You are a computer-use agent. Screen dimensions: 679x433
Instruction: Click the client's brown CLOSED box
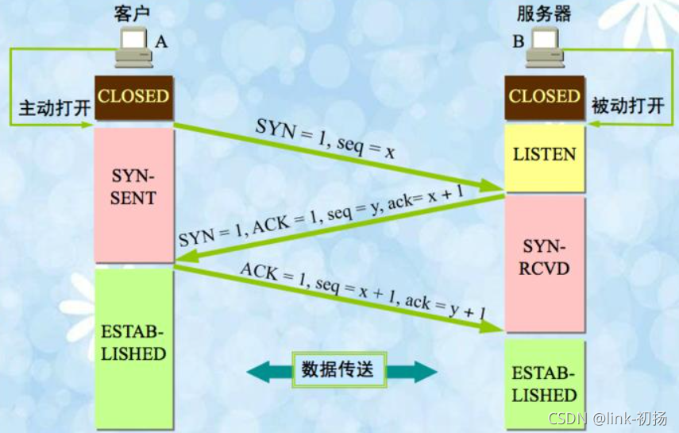pyautogui.click(x=133, y=98)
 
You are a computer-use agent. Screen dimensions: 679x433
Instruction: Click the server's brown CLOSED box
pyautogui.click(x=544, y=98)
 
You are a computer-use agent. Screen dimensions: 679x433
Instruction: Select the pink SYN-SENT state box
pyautogui.click(x=133, y=195)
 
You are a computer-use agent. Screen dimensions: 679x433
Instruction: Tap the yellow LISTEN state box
pyautogui.click(x=544, y=158)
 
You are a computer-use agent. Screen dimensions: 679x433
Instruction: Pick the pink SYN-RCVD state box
pyautogui.click(x=544, y=263)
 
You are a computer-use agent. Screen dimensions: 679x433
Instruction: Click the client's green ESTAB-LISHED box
pyautogui.click(x=133, y=348)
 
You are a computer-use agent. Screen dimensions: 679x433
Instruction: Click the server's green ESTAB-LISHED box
pyautogui.click(x=544, y=384)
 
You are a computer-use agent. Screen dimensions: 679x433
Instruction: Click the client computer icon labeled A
pyautogui.click(x=133, y=47)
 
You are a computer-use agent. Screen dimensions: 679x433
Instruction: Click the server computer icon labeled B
pyautogui.click(x=545, y=47)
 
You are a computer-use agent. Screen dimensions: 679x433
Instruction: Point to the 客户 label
pyautogui.click(x=132, y=14)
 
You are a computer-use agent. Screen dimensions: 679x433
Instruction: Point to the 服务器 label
pyautogui.click(x=544, y=14)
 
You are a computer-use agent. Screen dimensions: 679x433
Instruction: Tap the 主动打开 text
pyautogui.click(x=55, y=107)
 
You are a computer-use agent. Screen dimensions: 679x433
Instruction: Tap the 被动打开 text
pyautogui.click(x=628, y=106)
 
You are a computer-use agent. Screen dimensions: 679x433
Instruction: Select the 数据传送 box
pyautogui.click(x=338, y=369)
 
